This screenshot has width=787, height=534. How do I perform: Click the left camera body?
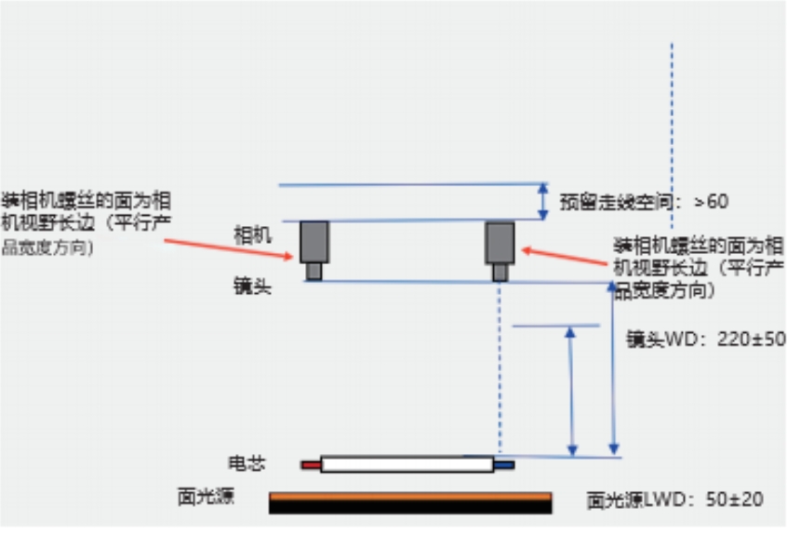tap(313, 242)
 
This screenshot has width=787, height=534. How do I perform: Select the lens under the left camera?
tap(314, 271)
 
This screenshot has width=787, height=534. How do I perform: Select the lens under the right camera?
tap(500, 272)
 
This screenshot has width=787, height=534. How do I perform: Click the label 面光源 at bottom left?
tap(206, 496)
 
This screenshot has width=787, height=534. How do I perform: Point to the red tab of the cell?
tap(310, 463)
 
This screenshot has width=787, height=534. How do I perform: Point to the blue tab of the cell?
tap(503, 463)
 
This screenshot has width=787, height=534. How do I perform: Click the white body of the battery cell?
tap(406, 463)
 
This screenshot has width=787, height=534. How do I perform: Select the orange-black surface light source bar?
tap(410, 502)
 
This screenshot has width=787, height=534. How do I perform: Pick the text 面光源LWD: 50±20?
tap(674, 500)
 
